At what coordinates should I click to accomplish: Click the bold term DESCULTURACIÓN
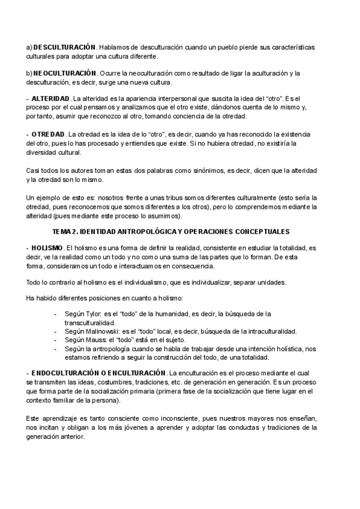click(65, 47)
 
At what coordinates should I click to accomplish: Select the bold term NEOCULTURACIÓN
click(65, 73)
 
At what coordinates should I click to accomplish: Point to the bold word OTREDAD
click(48, 134)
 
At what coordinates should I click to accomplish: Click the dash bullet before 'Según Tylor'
click(56, 313)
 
